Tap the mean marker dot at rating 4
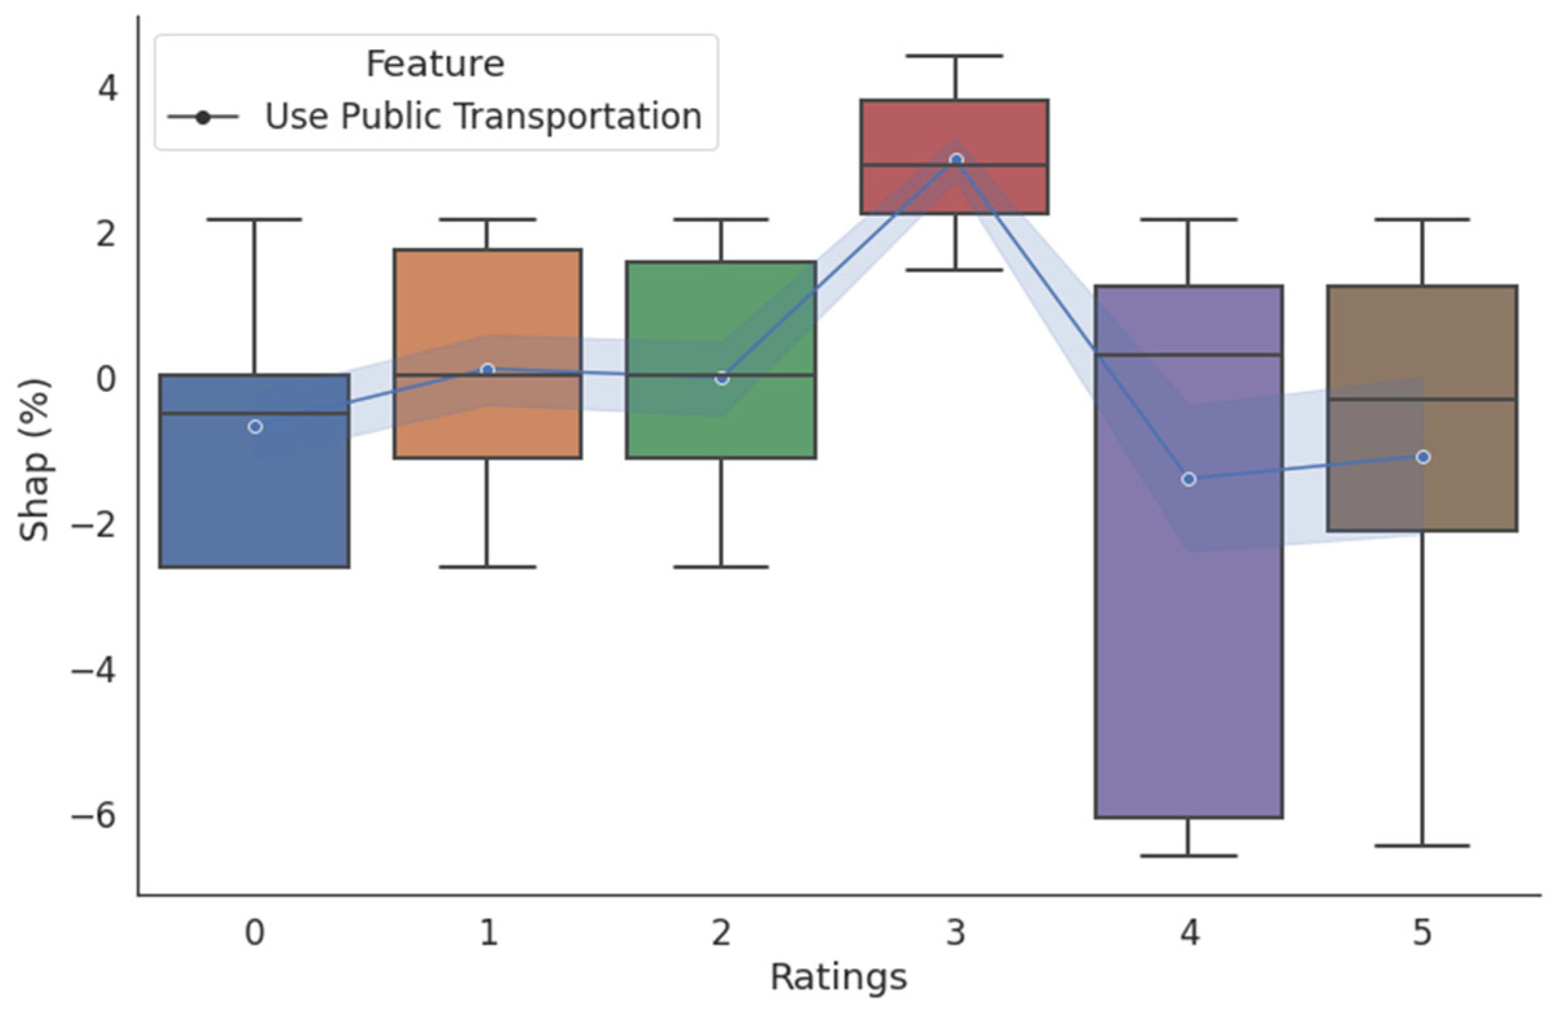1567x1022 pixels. tap(1189, 480)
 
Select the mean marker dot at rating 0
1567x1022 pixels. tap(256, 427)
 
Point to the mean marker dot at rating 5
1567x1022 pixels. tap(1423, 457)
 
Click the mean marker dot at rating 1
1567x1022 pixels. tap(488, 370)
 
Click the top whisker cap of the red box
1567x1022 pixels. tap(954, 56)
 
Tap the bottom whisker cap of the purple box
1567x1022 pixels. tap(1189, 856)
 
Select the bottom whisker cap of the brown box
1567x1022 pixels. tap(1422, 846)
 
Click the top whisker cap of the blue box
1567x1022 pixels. tap(255, 219)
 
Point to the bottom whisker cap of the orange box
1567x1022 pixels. tap(488, 567)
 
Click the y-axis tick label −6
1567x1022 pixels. tap(93, 816)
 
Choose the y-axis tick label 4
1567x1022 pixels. tap(107, 88)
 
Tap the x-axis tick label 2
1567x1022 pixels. tap(721, 933)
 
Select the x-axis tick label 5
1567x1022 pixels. tap(1422, 933)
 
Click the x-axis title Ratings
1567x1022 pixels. tap(838, 977)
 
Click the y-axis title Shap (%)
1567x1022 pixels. tap(34, 459)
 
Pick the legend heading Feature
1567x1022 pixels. tap(435, 64)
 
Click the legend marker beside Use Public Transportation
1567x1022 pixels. tap(204, 118)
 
